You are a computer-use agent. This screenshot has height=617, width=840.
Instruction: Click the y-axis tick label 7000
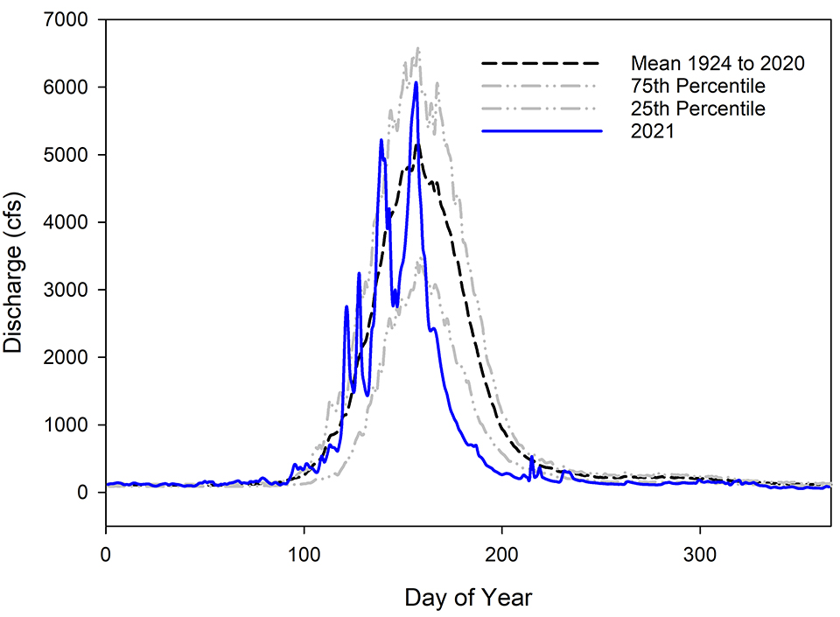click(73, 19)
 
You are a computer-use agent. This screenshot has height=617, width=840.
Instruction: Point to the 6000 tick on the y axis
click(73, 87)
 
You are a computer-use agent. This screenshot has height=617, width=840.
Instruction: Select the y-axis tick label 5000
click(73, 155)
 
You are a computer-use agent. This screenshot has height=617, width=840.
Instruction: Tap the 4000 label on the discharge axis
click(73, 222)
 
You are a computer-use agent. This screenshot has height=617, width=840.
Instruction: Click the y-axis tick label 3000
click(73, 290)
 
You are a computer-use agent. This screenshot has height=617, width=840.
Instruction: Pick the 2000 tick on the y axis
click(73, 357)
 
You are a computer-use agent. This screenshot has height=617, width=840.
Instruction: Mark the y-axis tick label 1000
click(73, 424)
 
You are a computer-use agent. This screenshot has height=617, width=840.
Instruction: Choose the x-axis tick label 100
click(304, 555)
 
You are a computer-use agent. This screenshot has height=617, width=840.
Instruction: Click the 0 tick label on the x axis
click(106, 555)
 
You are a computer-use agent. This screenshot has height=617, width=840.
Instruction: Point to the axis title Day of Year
click(468, 598)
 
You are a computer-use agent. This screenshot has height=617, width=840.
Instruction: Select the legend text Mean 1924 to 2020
click(717, 64)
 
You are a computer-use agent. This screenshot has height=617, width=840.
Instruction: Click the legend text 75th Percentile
click(697, 87)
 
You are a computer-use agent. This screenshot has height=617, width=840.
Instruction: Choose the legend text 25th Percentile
click(697, 109)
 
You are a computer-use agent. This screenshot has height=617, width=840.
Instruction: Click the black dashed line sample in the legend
click(542, 64)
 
